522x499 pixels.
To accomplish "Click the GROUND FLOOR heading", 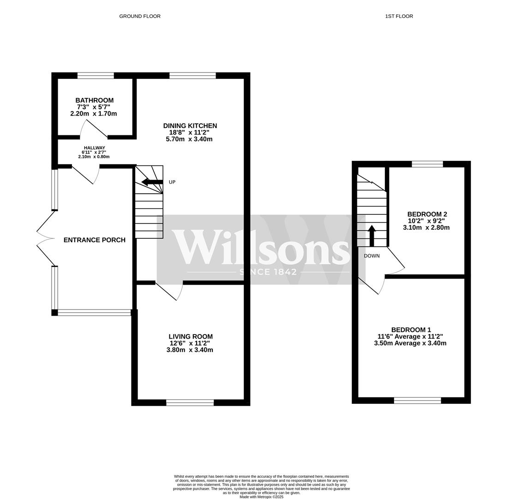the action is [x=140, y=16].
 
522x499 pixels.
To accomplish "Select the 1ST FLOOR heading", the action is [x=399, y=16].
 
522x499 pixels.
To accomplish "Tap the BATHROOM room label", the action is [x=95, y=100].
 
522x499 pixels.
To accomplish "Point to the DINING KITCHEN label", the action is [x=190, y=126].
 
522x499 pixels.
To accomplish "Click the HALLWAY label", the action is [x=95, y=148].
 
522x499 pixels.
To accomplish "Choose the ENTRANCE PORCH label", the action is [x=95, y=240].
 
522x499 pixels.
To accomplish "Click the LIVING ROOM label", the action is [x=191, y=337].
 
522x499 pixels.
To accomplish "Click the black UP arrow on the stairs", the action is [x=152, y=182].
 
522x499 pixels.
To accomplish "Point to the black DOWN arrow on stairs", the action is [x=372, y=236].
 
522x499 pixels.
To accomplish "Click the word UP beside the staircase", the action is [x=172, y=182].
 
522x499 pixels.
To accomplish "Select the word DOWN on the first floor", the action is [x=372, y=256].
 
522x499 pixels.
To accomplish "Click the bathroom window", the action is [x=96, y=75].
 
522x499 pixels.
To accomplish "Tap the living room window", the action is [x=190, y=403].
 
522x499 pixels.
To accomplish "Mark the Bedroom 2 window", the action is [x=427, y=164].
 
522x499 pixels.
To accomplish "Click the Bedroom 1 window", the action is [x=418, y=400].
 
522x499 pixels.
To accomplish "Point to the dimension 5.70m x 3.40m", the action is [x=189, y=140].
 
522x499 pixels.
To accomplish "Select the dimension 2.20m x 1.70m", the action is [x=94, y=114].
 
